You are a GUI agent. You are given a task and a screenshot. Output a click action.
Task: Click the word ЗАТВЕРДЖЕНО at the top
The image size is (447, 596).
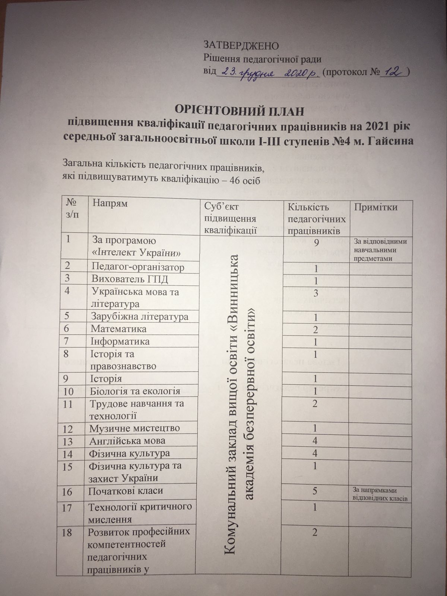(x=241, y=46)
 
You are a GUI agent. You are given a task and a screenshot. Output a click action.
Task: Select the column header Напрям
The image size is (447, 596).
(x=110, y=203)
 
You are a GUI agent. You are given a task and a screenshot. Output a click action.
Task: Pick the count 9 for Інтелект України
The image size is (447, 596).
(x=316, y=243)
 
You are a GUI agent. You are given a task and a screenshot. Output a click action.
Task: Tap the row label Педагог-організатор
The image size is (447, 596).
(x=138, y=267)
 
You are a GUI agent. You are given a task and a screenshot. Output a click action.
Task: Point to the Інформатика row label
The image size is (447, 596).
(x=120, y=341)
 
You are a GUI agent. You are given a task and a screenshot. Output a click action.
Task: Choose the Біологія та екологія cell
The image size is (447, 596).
(x=134, y=391)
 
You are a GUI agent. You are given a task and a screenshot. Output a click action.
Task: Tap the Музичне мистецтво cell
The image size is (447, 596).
(x=134, y=428)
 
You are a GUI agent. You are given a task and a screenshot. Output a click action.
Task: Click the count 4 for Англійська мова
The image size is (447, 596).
(x=315, y=441)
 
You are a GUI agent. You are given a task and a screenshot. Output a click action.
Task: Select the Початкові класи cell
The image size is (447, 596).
(x=126, y=491)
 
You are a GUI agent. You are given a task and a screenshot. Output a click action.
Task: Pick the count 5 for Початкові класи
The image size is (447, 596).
(x=315, y=491)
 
